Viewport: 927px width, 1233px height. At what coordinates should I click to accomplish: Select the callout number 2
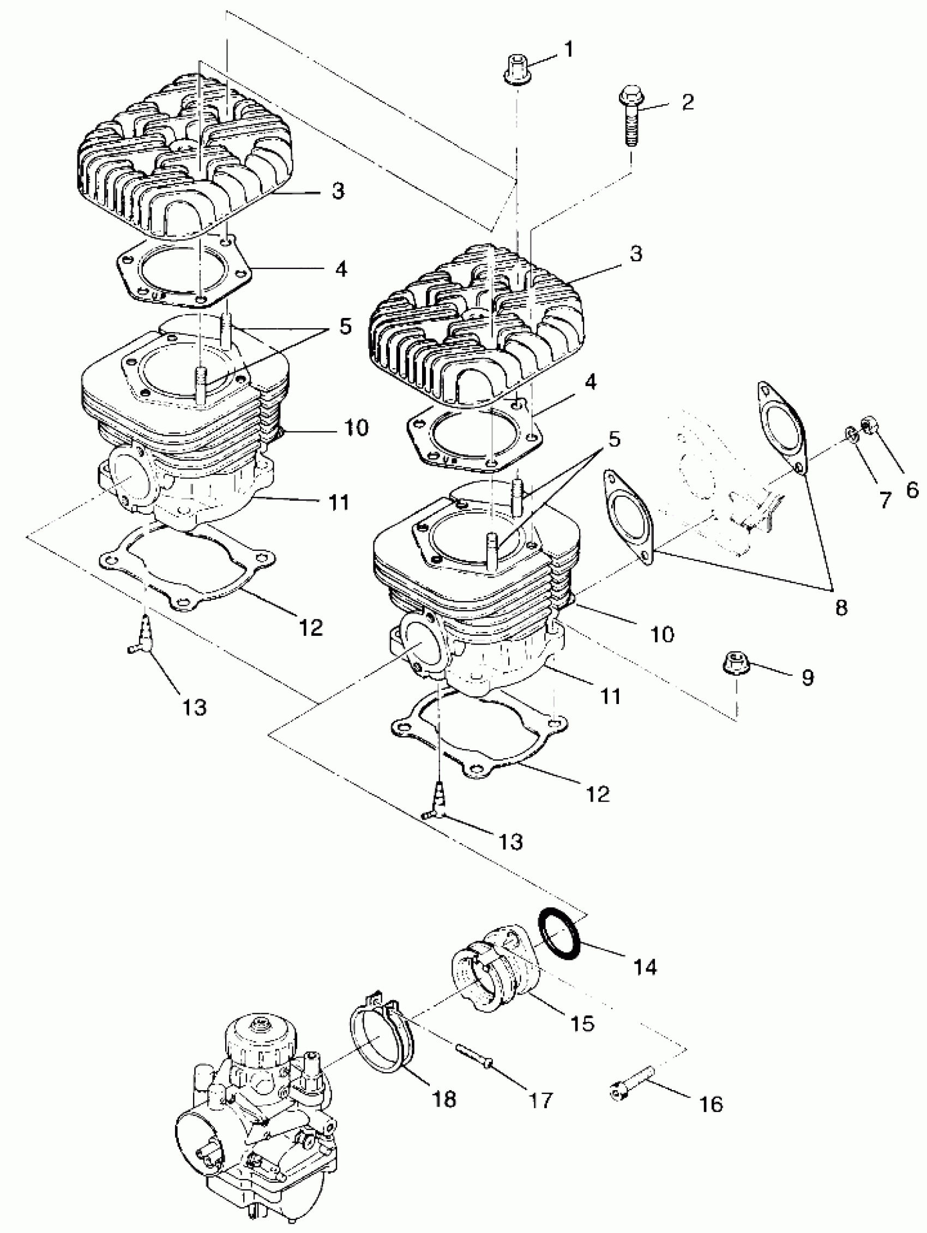click(x=687, y=102)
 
